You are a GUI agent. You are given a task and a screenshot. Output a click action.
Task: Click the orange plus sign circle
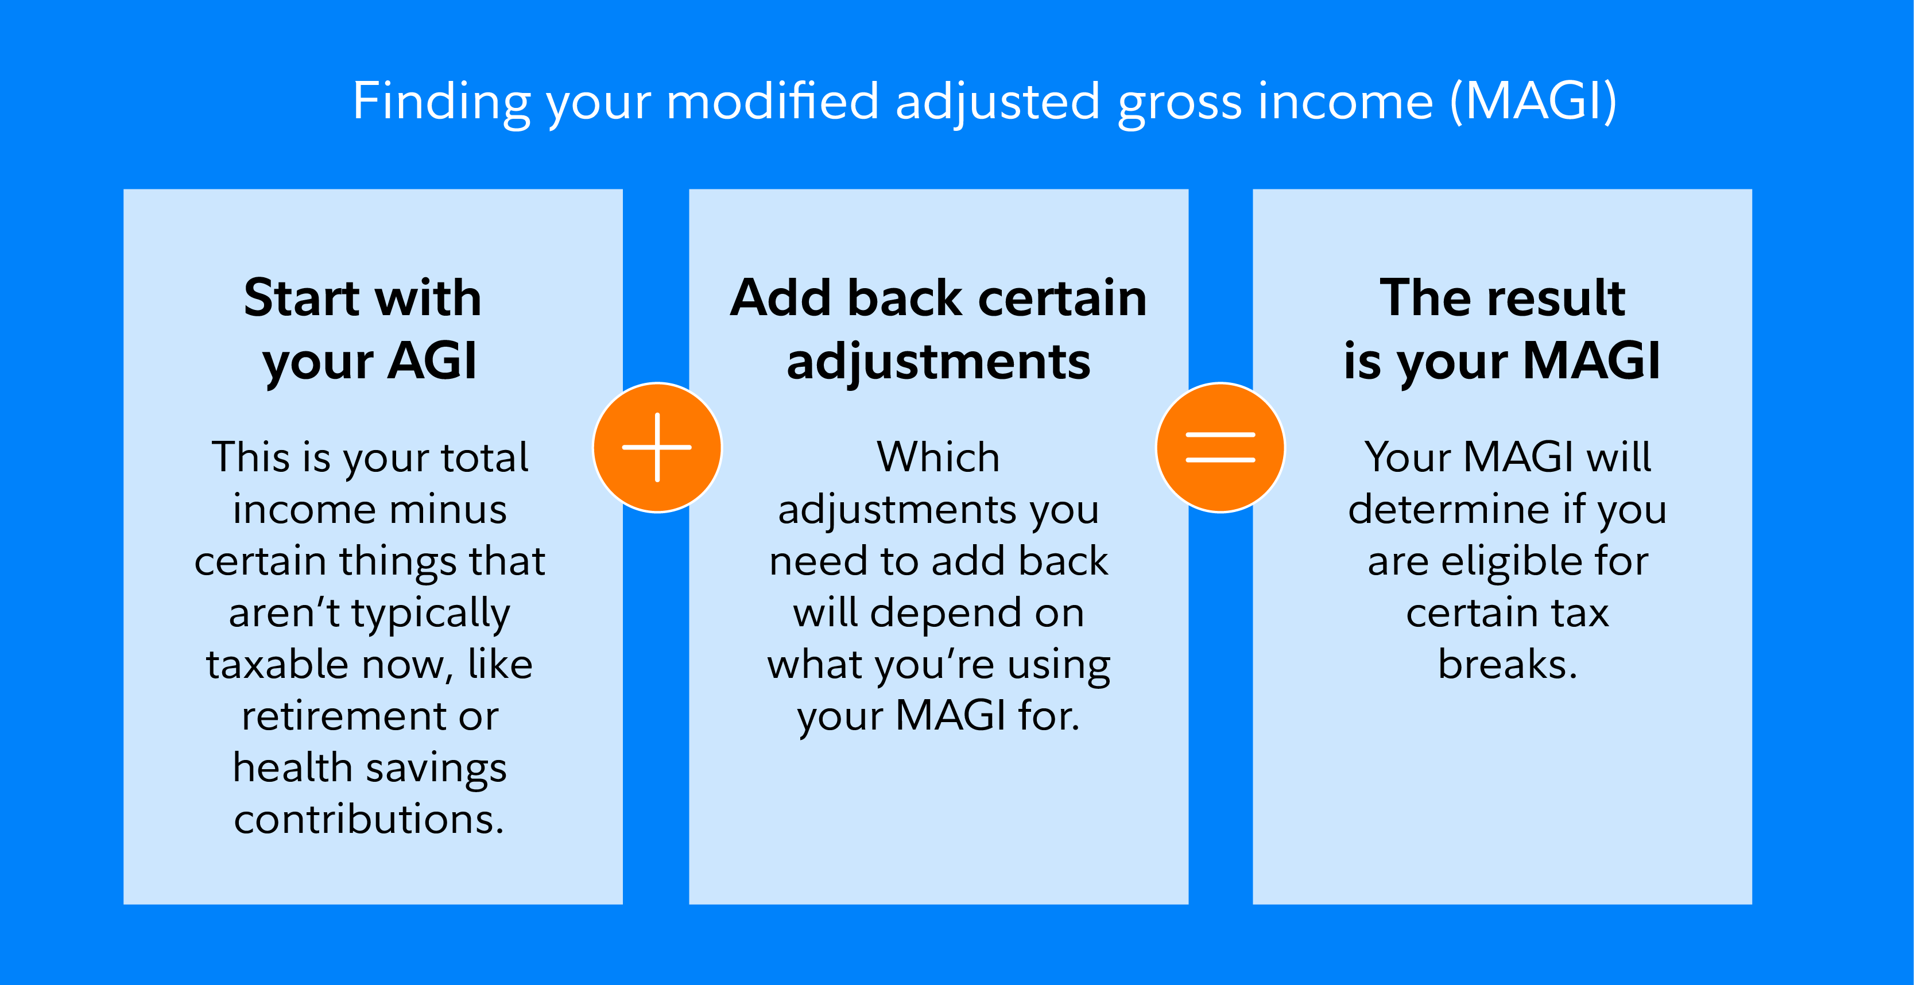[657, 447]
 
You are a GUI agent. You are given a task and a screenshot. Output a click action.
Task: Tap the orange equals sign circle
[1220, 447]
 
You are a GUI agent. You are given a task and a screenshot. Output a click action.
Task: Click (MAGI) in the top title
[1533, 102]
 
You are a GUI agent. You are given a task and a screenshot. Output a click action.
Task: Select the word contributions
[369, 819]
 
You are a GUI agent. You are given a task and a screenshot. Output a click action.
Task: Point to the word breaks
[1508, 664]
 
